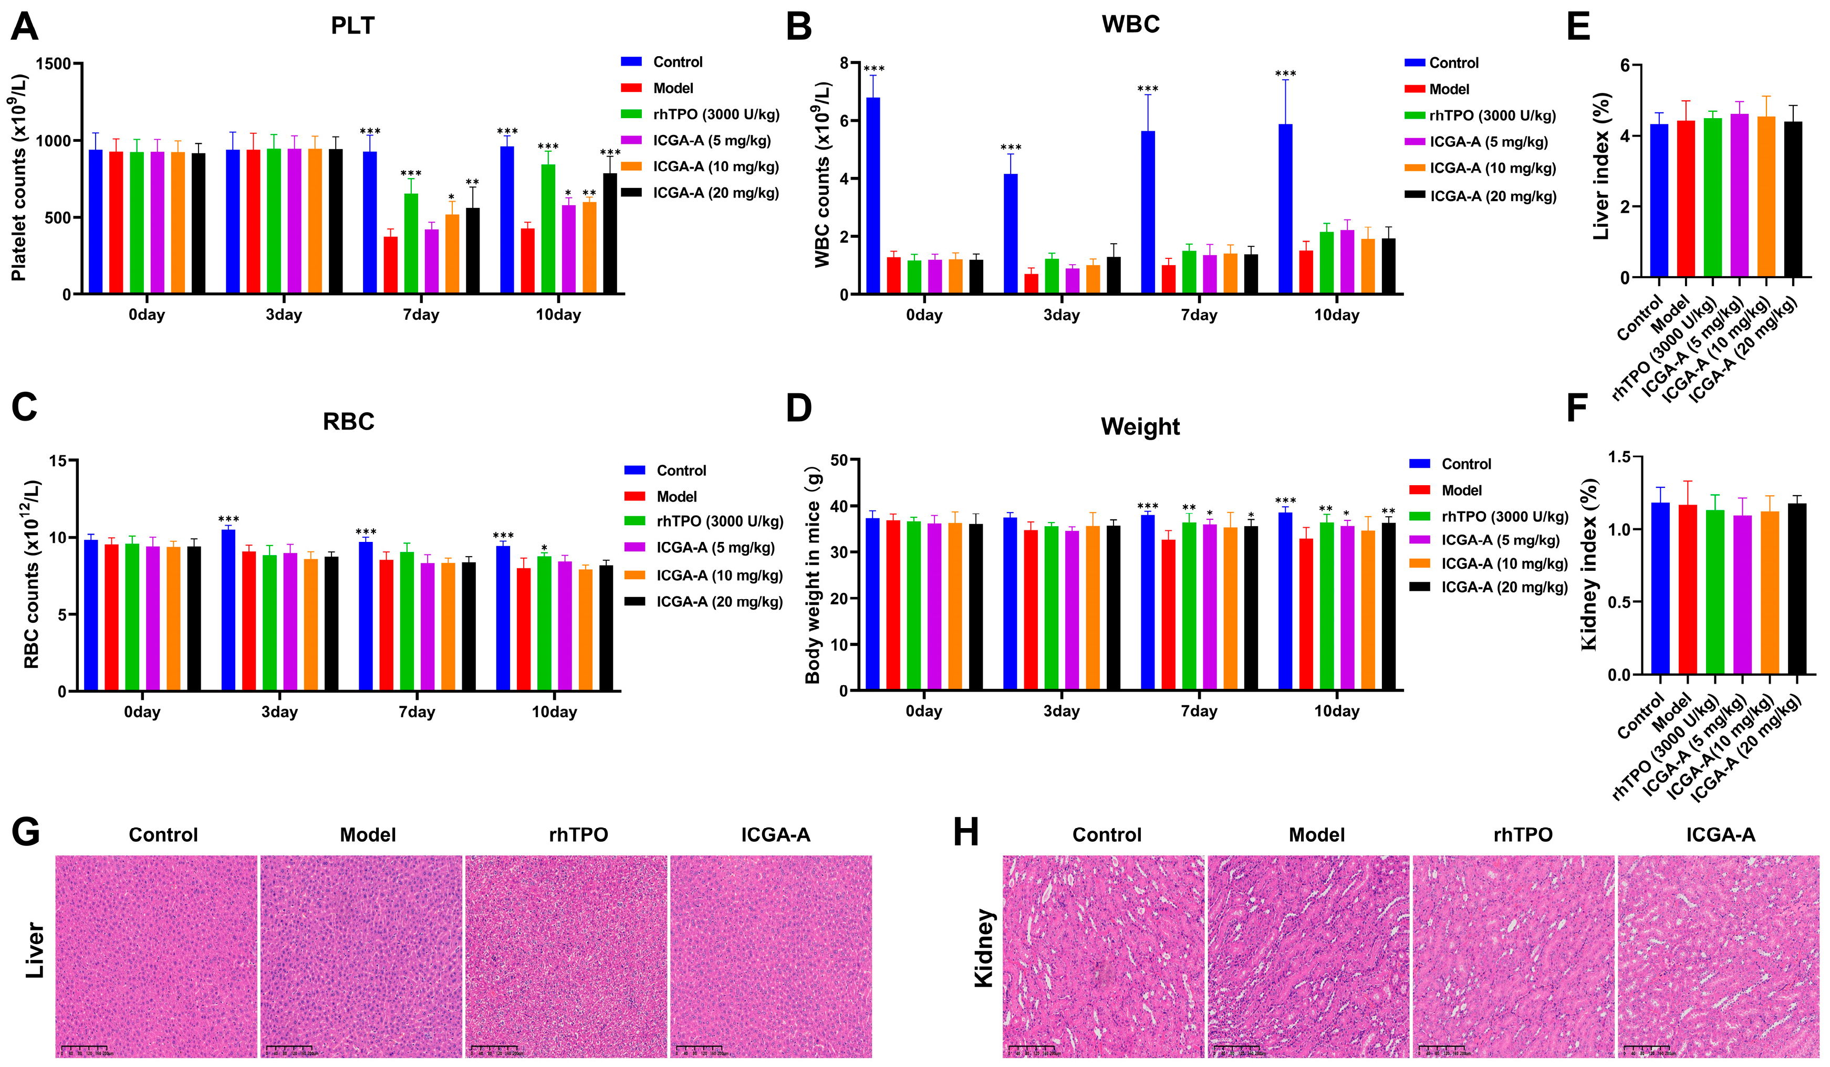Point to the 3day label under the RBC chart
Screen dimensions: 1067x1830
279,712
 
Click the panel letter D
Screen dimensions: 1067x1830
799,408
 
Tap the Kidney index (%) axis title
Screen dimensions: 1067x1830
1589,564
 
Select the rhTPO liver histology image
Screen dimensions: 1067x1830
566,956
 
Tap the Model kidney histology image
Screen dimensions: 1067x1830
1308,956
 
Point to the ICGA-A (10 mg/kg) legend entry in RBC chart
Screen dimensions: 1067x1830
719,576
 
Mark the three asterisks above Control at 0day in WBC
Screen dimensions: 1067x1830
874,69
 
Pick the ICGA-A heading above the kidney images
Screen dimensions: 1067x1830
1720,835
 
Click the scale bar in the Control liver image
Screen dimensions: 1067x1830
86,1048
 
